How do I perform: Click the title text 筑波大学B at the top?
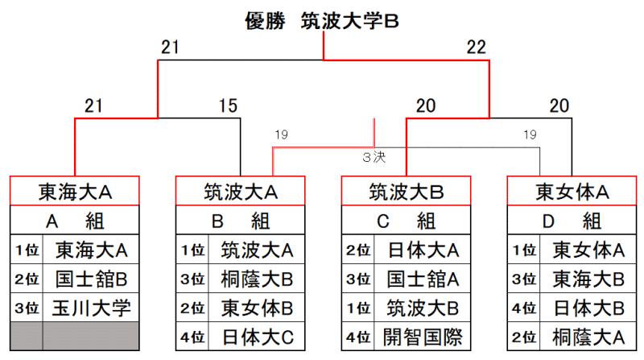tap(349, 21)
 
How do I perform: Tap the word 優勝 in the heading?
tap(265, 21)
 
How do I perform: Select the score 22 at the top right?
tap(476, 48)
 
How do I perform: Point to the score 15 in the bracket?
tap(228, 106)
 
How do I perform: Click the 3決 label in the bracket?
tap(374, 157)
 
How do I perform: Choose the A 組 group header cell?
tap(75, 221)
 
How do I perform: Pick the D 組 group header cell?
tap(572, 221)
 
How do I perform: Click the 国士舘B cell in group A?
tap(91, 279)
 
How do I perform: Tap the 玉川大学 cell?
tap(91, 308)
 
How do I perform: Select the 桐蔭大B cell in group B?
tap(257, 279)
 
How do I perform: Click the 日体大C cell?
tap(257, 337)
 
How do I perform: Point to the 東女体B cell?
tap(257, 308)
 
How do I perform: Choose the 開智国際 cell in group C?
tap(422, 337)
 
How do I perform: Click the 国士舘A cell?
tap(422, 279)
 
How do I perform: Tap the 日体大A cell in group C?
tap(422, 250)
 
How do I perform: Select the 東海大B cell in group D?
tap(588, 279)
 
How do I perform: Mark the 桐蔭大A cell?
tap(588, 337)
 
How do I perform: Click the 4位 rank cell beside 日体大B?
tap(524, 308)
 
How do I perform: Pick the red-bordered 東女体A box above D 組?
tap(572, 191)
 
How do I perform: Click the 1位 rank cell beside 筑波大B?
tap(357, 308)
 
